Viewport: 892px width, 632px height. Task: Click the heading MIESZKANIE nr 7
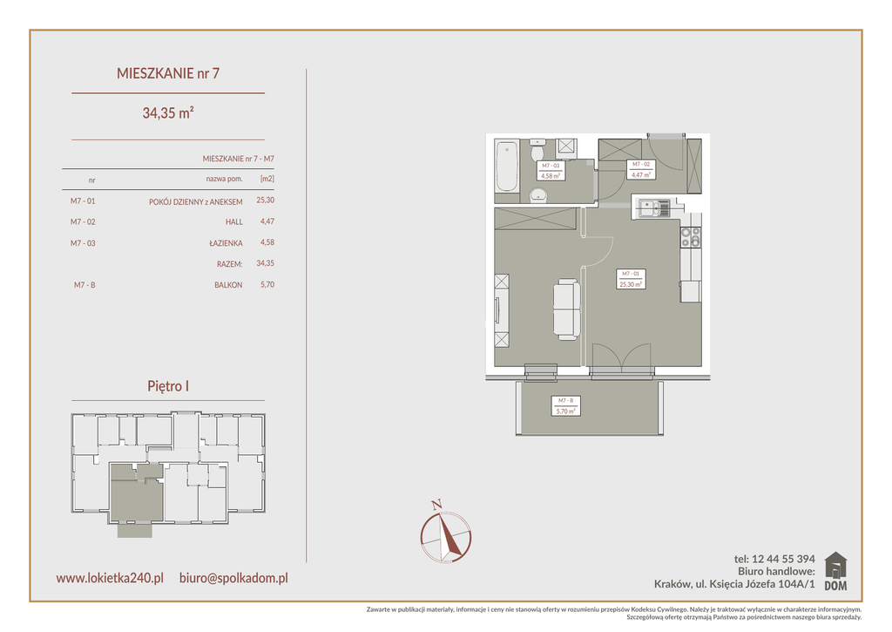(168, 73)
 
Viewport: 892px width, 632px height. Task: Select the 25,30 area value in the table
(265, 200)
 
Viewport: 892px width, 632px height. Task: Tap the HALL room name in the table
(233, 222)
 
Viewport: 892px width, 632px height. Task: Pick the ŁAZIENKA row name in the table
(226, 243)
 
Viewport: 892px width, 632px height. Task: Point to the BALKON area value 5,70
(267, 285)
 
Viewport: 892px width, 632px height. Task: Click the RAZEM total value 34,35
(265, 263)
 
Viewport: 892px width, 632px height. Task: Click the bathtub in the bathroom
(506, 166)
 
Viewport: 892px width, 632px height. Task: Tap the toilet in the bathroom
(537, 151)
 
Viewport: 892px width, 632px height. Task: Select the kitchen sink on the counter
(654, 208)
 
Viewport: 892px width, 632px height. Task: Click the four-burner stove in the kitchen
(691, 237)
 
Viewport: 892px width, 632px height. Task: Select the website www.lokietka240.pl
(110, 578)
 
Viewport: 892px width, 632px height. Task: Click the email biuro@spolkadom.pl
(233, 579)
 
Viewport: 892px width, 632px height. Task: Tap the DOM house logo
(835, 571)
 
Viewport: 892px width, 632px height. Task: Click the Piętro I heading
(168, 386)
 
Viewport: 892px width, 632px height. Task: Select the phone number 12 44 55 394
(783, 559)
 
